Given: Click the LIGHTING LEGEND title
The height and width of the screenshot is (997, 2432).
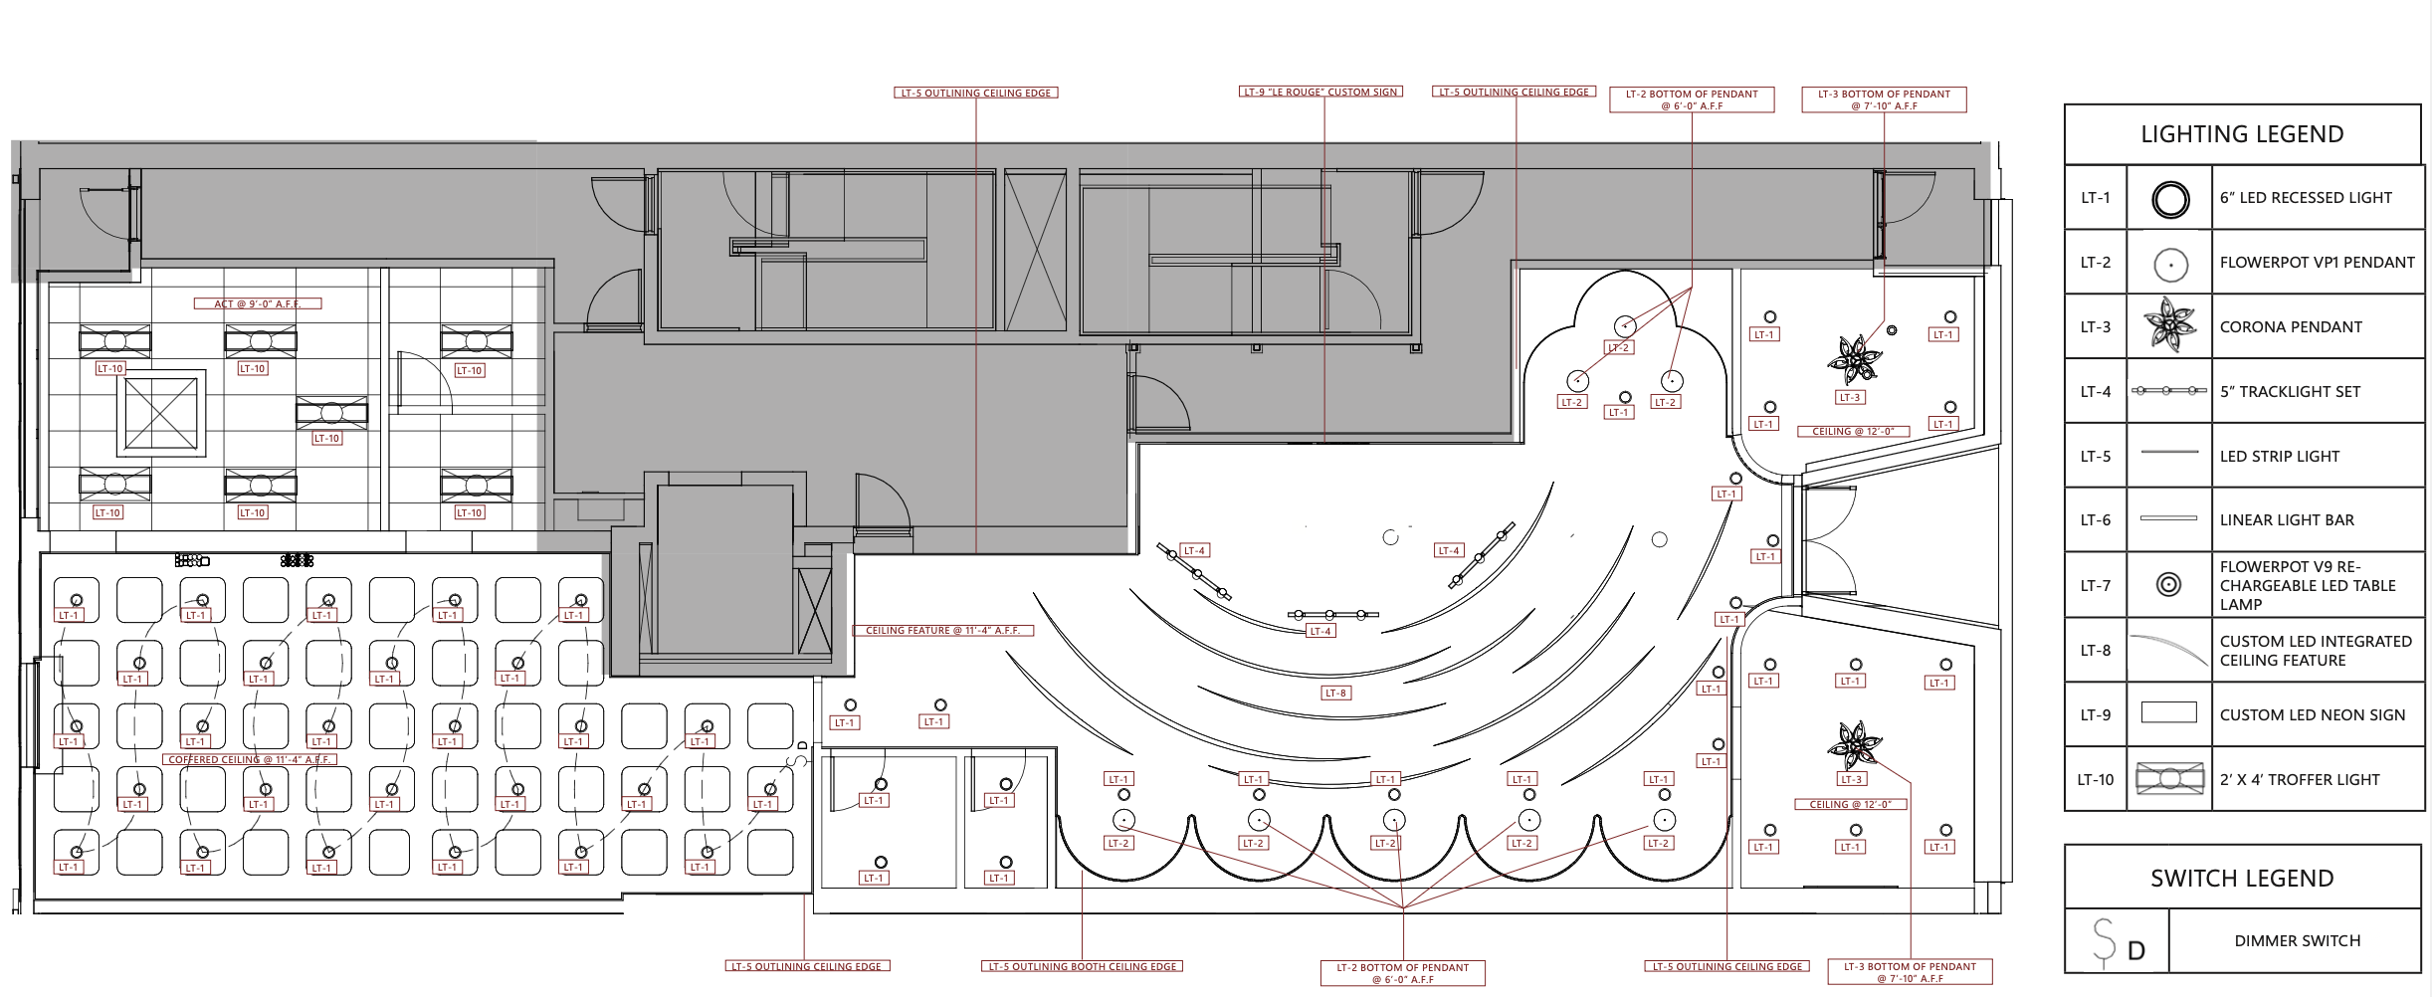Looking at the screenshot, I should pos(2242,134).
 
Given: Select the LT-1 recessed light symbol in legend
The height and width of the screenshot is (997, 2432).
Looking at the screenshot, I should pos(2170,199).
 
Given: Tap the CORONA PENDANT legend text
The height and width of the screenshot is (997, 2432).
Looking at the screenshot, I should pos(2291,327).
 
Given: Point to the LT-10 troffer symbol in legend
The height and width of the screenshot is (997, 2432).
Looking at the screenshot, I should pos(2169,779).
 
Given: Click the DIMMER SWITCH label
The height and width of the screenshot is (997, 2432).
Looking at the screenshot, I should pos(2297,941).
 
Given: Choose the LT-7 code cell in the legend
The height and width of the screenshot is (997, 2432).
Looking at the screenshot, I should pos(2095,586).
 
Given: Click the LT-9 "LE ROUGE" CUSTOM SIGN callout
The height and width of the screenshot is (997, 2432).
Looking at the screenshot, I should pos(1321,93).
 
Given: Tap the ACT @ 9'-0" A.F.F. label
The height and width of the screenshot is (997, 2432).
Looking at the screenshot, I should pos(258,304).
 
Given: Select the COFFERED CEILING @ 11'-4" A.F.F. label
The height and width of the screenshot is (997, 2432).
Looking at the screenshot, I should pos(250,760).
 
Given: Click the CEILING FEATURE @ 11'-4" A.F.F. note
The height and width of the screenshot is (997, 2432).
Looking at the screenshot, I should pos(942,631).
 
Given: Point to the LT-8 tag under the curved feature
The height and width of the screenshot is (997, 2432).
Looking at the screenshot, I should pos(1335,694).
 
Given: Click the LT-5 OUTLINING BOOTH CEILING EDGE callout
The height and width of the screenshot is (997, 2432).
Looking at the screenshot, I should pos(1083,966).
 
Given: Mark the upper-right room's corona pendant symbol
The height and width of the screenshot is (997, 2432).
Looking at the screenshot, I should pos(1855,359).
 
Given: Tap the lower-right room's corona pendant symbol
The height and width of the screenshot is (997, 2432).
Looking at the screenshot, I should pos(1854,744).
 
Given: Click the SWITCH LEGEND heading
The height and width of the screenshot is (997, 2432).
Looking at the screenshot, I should pos(2242,879).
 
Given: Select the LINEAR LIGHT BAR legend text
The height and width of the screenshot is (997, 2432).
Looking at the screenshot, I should pos(2287,520).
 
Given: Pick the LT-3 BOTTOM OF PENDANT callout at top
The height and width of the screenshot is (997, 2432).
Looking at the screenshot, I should pos(1884,100).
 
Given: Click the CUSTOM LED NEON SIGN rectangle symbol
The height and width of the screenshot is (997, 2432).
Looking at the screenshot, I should pos(2168,712).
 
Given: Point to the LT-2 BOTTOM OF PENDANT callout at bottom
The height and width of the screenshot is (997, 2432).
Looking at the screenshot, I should pos(1402,973).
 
